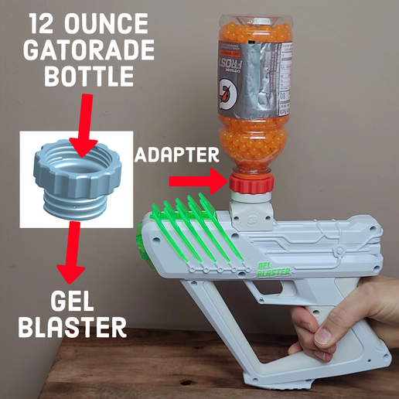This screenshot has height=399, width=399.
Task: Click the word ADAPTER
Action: [177, 155]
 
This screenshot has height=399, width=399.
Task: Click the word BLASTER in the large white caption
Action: [71, 327]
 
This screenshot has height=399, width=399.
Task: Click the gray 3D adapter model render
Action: [74, 178]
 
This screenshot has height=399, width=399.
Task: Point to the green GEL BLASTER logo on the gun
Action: [274, 271]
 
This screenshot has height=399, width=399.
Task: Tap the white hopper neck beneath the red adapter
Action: [251, 205]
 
